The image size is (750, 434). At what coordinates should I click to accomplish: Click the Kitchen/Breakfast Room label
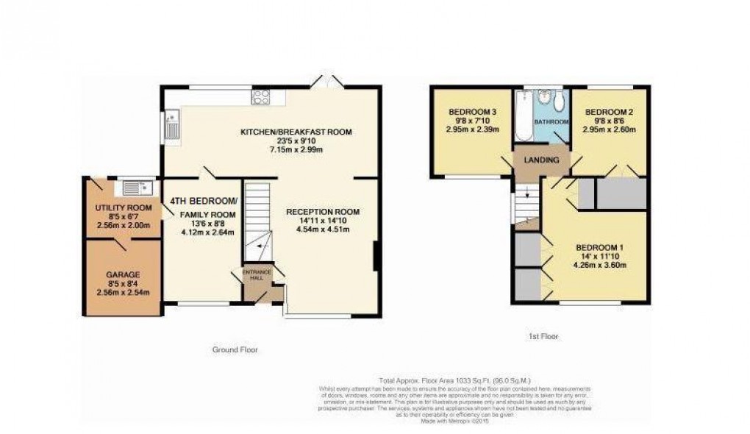296,132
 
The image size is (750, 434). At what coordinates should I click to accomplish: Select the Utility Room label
124,208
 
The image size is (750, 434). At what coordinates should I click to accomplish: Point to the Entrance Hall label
257,275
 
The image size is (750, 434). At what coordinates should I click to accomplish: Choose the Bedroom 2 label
609,113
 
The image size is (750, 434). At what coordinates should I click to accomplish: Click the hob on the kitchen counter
261,96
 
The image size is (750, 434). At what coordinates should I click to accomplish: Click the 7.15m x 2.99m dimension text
296,150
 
